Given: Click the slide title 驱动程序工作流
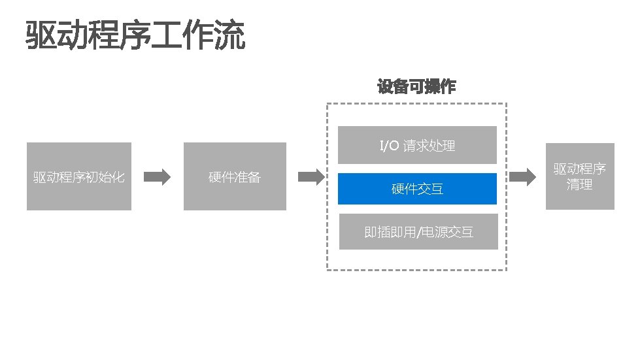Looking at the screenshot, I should [135, 36].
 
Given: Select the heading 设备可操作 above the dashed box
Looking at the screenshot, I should [416, 86].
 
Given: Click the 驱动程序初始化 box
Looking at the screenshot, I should [79, 176].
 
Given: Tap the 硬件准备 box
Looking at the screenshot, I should [235, 176].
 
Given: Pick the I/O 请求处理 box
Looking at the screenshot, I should [418, 145].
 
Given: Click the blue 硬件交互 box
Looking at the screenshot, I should [418, 189].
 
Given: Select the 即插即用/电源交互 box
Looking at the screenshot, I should [418, 232].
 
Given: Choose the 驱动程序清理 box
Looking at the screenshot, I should [580, 176].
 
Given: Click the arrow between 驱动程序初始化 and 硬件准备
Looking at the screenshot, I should [157, 176].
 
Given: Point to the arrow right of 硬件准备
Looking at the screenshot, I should [311, 176].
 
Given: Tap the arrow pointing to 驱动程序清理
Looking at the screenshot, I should [523, 176].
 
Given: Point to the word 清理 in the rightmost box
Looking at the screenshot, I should [580, 185].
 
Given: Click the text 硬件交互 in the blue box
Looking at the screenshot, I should [418, 189].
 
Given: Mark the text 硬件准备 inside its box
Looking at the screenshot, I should [235, 177].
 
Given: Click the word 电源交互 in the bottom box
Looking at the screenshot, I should [447, 232].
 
